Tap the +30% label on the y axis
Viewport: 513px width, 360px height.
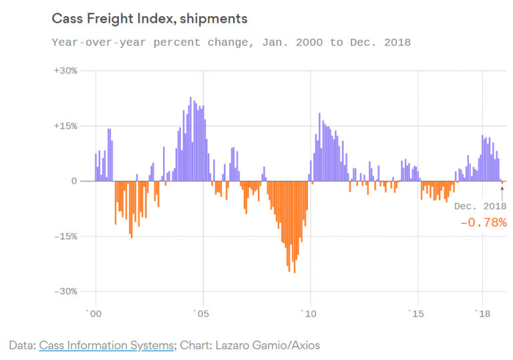coord(66,71)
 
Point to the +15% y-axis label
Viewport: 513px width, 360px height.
coord(66,126)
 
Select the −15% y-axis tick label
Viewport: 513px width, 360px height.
coord(67,236)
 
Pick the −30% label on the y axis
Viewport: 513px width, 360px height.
coord(67,292)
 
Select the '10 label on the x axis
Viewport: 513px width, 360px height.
coord(309,313)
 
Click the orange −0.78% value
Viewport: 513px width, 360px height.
coord(483,222)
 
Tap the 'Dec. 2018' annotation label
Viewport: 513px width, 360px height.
coord(480,206)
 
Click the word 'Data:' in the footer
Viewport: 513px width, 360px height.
coord(23,345)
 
